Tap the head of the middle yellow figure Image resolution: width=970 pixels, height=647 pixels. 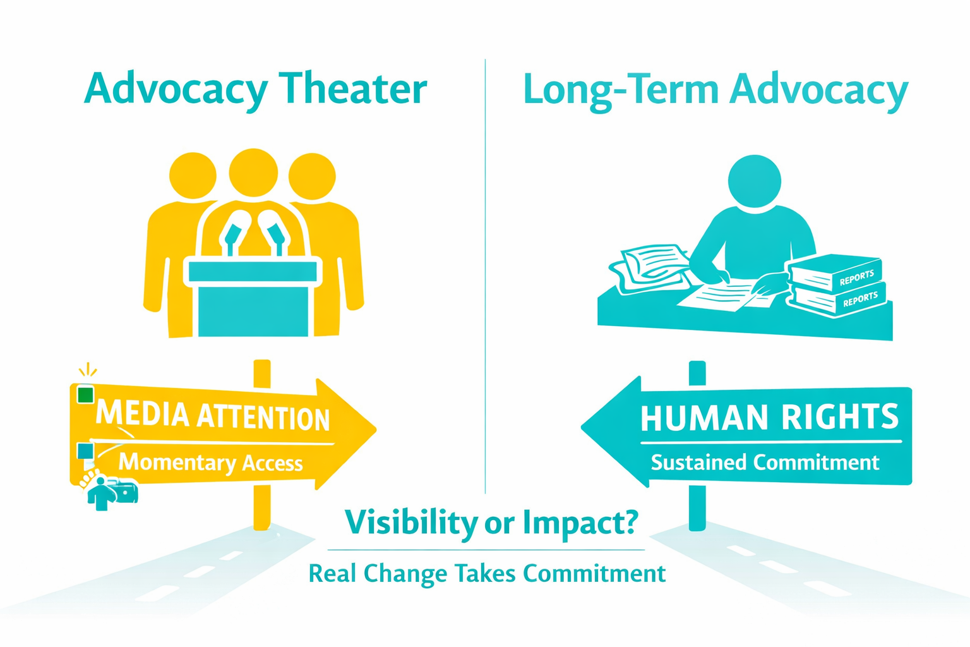click(253, 172)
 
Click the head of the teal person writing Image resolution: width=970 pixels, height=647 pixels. click(755, 181)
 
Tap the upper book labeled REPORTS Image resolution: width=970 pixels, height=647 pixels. click(834, 273)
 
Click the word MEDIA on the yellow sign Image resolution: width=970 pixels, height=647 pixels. click(143, 413)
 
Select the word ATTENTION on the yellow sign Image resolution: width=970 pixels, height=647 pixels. click(263, 417)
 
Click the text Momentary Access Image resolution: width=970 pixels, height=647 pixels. click(210, 463)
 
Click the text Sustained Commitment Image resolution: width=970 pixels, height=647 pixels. click(765, 463)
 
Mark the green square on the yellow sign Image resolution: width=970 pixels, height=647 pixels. click(85, 394)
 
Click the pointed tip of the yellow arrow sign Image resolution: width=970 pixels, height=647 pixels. click(376, 430)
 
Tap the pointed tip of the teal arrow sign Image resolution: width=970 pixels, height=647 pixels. click(582, 426)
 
